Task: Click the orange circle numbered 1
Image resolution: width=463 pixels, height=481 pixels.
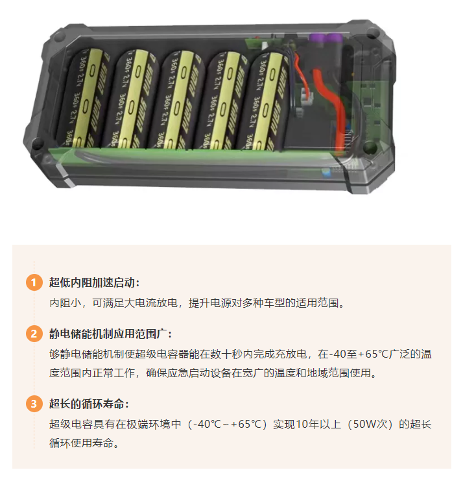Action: click(x=34, y=282)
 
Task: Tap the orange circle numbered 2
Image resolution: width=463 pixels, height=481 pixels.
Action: click(x=34, y=334)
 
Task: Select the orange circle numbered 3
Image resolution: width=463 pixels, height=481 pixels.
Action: click(x=34, y=404)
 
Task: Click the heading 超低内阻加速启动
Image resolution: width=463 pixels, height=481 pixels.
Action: click(x=92, y=282)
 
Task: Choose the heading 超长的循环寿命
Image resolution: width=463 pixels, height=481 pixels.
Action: click(x=87, y=404)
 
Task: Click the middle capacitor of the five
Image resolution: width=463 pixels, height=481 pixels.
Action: click(x=178, y=100)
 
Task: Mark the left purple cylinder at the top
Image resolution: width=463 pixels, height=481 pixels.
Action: click(x=316, y=40)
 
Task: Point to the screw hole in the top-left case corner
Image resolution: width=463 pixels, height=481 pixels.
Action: click(x=59, y=36)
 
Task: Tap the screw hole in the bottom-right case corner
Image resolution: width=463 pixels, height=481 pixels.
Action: click(x=370, y=147)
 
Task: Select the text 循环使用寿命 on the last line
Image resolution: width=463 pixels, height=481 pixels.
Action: click(x=81, y=443)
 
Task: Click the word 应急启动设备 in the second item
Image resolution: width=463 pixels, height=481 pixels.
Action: click(x=200, y=373)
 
